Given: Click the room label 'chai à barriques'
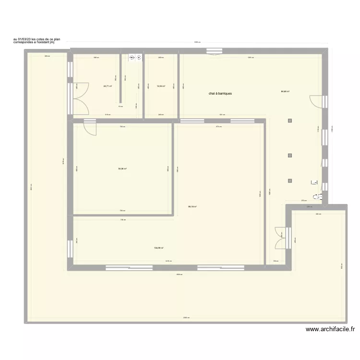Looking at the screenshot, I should [220, 94].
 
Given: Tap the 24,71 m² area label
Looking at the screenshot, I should [108, 86].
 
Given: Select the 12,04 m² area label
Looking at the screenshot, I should [161, 86].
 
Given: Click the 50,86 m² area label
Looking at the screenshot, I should [122, 168].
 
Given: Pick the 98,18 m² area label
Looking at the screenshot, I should [192, 207].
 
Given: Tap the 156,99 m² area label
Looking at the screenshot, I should [159, 248].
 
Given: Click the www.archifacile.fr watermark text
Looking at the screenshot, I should [330, 329].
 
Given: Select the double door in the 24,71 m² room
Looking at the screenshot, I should [81, 99].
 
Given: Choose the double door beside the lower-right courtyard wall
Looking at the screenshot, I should [282, 238].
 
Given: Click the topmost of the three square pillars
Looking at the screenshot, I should [289, 121].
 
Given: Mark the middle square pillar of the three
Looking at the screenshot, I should [289, 155].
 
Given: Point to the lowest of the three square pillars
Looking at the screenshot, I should [289, 180].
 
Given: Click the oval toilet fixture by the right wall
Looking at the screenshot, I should [318, 196].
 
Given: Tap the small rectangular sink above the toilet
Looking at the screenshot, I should [314, 182].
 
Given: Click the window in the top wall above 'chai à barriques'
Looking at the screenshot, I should [212, 51].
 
